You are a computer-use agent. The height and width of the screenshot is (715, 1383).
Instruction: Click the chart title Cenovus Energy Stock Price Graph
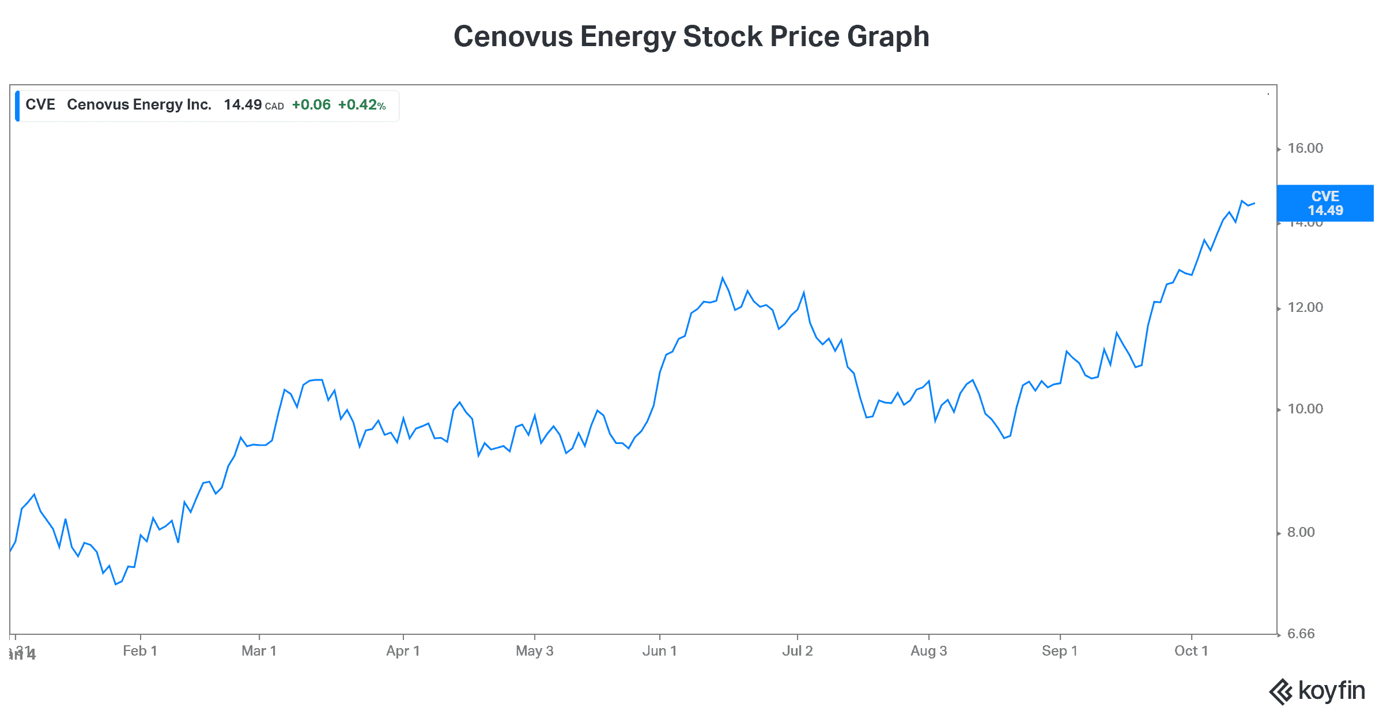[x=691, y=37]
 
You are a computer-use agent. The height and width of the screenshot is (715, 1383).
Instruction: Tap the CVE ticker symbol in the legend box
[x=40, y=105]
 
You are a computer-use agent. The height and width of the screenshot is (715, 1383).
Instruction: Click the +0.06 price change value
[x=311, y=105]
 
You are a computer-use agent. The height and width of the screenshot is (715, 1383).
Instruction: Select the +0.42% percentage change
[x=361, y=105]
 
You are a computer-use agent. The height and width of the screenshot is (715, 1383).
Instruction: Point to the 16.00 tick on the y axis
[x=1305, y=149]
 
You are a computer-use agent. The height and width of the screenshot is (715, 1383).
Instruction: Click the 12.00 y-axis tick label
[x=1305, y=308]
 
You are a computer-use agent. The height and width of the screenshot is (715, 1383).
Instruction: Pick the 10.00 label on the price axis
[x=1305, y=409]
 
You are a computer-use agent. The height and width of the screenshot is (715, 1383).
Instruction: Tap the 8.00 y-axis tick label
[x=1301, y=533]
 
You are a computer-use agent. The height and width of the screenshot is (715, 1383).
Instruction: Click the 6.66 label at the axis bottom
[x=1301, y=634]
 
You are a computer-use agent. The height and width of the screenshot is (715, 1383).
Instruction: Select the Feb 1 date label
[x=140, y=652]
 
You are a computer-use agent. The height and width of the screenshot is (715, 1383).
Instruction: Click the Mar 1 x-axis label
[x=259, y=652]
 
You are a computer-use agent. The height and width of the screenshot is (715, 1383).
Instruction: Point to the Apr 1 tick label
[x=403, y=652]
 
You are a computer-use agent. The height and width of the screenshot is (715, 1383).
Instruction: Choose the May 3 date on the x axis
[x=534, y=652]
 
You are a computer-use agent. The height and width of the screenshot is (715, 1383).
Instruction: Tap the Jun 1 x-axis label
[x=659, y=652]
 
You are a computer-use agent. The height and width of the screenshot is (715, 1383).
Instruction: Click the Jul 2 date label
[x=797, y=652]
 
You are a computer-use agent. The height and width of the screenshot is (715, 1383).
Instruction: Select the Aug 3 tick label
[x=928, y=652]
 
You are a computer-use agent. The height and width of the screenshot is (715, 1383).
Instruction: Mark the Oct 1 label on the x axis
[x=1191, y=652]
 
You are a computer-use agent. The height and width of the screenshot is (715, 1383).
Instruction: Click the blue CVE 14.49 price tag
[x=1325, y=204]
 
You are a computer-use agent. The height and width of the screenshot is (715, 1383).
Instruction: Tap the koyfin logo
[x=1317, y=691]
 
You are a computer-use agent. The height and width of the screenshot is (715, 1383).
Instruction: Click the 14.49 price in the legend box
[x=243, y=105]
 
